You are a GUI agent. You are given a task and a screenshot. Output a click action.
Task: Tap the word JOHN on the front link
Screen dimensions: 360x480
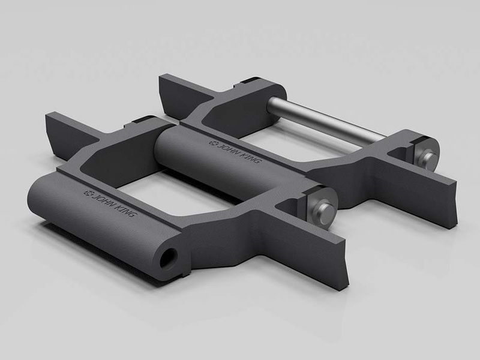(98, 196)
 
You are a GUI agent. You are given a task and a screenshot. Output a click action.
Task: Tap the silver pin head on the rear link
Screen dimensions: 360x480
(427, 157)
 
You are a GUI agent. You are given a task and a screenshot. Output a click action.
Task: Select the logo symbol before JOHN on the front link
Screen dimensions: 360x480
(86, 191)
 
